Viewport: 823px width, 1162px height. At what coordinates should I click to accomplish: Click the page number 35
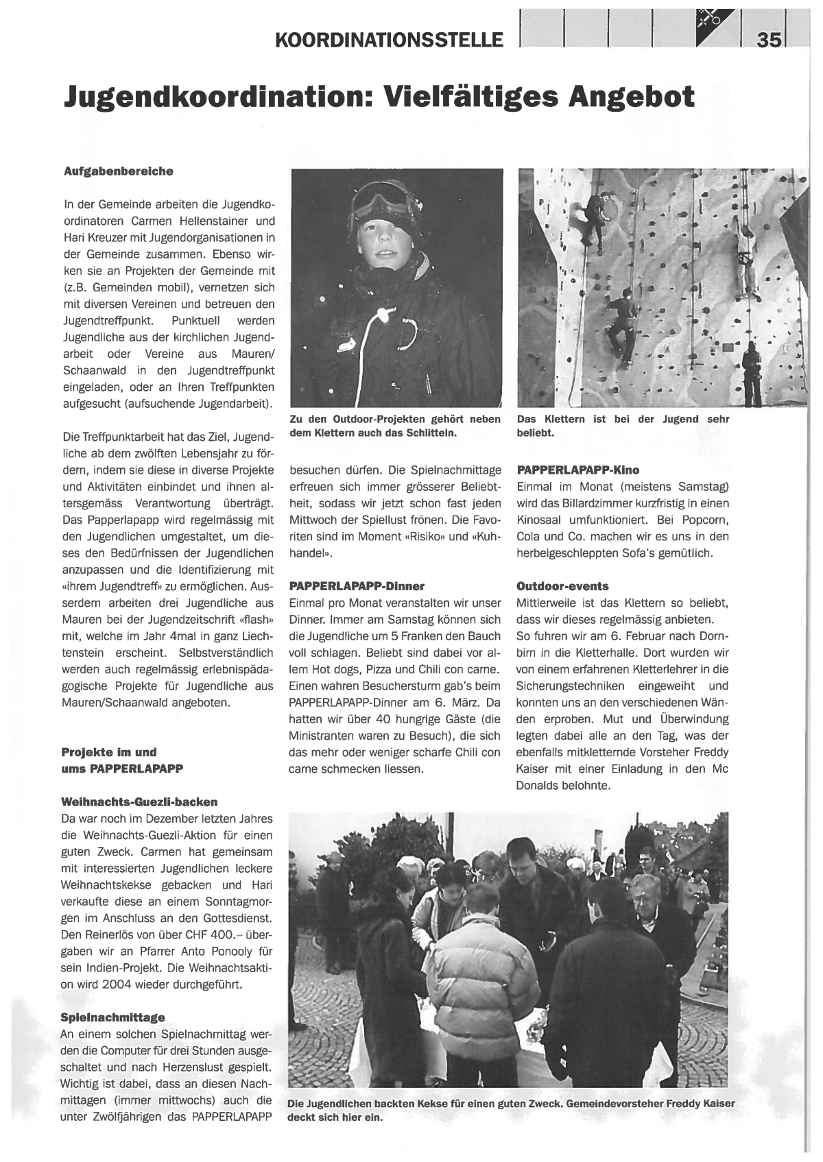pyautogui.click(x=770, y=40)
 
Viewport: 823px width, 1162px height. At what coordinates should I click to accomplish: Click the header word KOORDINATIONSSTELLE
pyautogui.click(x=388, y=40)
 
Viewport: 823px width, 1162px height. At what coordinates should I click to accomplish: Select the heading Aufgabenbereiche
pyautogui.click(x=118, y=171)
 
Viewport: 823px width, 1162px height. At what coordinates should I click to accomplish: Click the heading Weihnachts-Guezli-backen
pyautogui.click(x=139, y=801)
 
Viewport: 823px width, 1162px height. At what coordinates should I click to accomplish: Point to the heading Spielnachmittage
pyautogui.click(x=112, y=1017)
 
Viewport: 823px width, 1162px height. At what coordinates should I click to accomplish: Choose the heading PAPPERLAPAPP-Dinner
pyautogui.click(x=357, y=586)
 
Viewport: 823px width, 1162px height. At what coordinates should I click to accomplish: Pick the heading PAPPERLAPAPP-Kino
pyautogui.click(x=577, y=470)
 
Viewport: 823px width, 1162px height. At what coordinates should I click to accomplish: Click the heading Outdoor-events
pyautogui.click(x=562, y=586)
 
